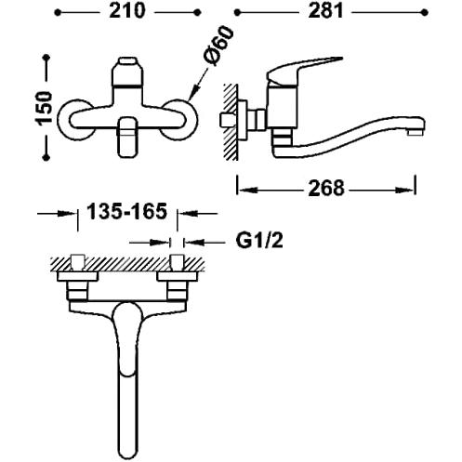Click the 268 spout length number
(x=325, y=189)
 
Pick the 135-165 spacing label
(x=126, y=213)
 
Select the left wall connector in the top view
(x=77, y=284)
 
